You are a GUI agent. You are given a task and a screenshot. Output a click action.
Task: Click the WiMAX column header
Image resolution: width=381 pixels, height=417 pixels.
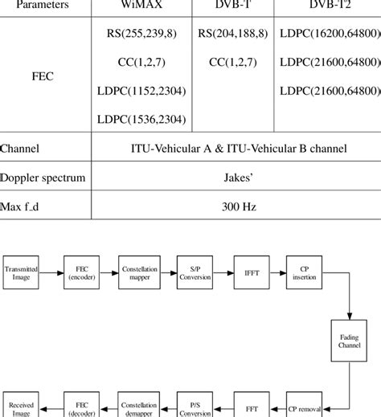[144, 5]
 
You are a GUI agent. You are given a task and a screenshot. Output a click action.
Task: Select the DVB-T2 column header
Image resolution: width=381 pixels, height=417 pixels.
[327, 5]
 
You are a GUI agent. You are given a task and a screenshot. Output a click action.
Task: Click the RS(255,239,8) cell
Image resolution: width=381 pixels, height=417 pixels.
[144, 35]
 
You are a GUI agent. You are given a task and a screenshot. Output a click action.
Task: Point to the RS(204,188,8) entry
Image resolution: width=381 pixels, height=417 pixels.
[234, 35]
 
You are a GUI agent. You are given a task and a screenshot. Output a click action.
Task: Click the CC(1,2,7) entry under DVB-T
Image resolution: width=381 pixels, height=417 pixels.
[234, 62]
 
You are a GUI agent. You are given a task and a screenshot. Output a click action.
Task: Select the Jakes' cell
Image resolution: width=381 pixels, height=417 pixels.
[238, 177]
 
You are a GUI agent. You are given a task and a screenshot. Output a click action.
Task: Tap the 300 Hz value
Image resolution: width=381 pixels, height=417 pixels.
[238, 206]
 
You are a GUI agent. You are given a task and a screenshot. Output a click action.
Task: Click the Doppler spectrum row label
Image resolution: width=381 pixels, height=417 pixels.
[44, 177]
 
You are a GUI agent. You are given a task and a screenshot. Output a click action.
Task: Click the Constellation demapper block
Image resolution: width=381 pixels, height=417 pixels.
[140, 408]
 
